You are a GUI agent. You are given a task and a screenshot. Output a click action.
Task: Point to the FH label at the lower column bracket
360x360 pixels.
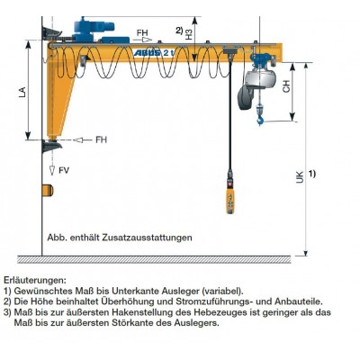pyautogui.click(x=101, y=139)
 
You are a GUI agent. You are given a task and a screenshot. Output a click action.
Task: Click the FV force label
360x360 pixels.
pyautogui.click(x=63, y=170)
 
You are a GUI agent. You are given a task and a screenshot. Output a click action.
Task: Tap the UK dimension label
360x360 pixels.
pyautogui.click(x=299, y=178)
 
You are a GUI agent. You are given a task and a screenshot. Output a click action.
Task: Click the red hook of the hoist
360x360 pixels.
pyautogui.click(x=260, y=116)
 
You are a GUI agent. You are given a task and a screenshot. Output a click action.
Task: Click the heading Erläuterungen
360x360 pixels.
pyautogui.click(x=35, y=280)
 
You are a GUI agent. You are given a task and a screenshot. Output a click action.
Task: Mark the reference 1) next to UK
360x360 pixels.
pyautogui.click(x=311, y=173)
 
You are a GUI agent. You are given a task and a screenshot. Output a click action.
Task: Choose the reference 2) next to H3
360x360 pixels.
pyautogui.click(x=179, y=31)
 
